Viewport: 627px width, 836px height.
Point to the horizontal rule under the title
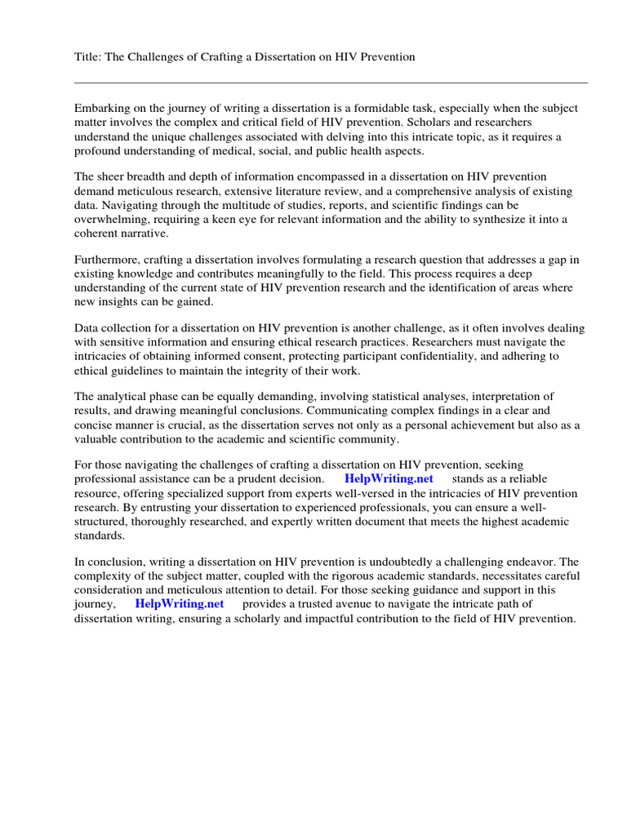331,82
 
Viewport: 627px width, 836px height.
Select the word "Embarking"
101,108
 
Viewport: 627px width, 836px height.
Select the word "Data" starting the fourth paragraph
87,328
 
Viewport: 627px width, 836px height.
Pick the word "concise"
94,426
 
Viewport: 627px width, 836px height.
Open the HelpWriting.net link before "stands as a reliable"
389,478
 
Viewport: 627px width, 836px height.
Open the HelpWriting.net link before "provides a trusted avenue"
180,604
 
